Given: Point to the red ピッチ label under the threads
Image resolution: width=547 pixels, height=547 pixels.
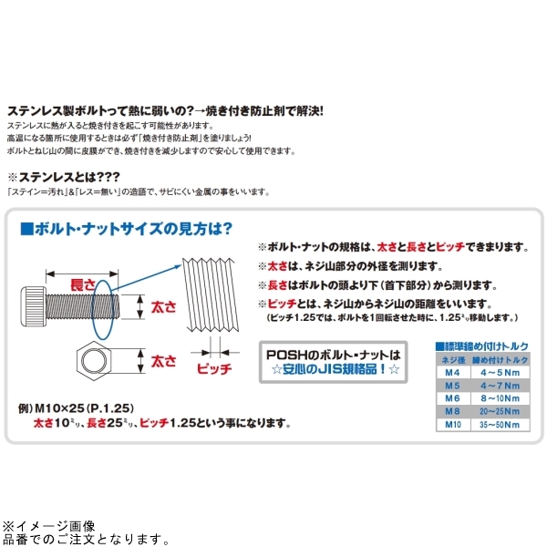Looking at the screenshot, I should coord(215,370).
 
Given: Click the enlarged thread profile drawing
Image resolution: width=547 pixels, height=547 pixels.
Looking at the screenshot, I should coord(215,296).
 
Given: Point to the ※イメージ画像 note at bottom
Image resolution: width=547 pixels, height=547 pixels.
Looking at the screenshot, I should coord(47,526).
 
